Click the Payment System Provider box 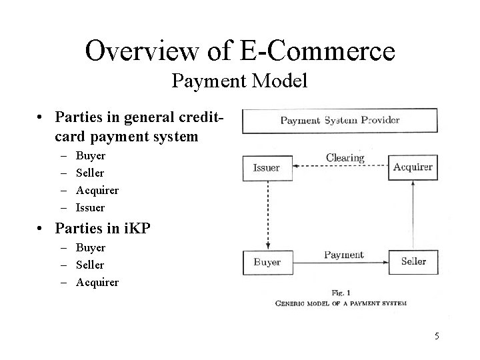coord(339,121)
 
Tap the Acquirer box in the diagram coord(413,168)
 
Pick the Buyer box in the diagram coord(267,262)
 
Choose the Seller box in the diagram coord(413,261)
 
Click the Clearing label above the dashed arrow coord(345,158)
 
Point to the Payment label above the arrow coord(343,255)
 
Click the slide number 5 coord(437,336)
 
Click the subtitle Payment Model coord(239,81)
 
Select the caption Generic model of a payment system coord(341,303)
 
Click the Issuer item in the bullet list coord(90,207)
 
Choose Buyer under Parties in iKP coord(91,247)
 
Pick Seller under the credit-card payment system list coord(90,173)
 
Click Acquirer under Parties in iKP coord(97,282)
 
